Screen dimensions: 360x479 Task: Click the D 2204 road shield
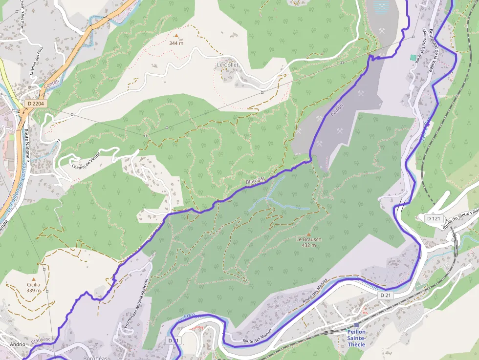(36, 104)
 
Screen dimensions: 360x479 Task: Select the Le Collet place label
(227, 64)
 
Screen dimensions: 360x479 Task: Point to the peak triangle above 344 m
(176, 36)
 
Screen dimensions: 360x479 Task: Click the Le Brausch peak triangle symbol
(308, 234)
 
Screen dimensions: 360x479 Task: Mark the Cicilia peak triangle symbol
(34, 279)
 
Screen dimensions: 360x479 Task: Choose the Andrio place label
(17, 344)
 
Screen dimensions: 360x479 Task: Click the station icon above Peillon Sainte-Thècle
(356, 325)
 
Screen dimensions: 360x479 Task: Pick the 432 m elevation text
(308, 245)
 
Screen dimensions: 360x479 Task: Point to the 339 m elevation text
(34, 290)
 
